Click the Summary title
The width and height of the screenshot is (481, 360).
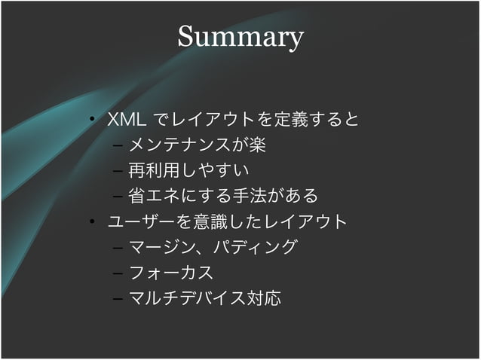click(x=240, y=37)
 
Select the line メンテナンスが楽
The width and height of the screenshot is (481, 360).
click(x=197, y=145)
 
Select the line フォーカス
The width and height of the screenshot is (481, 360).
click(x=171, y=273)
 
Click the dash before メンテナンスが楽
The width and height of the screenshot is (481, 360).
click(x=118, y=145)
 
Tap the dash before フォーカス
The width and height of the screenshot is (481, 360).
click(x=118, y=273)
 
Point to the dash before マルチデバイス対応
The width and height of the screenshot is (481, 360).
click(x=118, y=299)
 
